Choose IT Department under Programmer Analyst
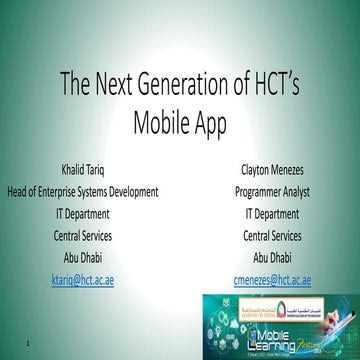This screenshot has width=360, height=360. coord(272,213)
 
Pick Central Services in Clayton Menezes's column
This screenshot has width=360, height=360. coord(272,236)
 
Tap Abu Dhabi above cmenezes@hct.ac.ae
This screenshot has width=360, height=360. coord(272,258)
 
